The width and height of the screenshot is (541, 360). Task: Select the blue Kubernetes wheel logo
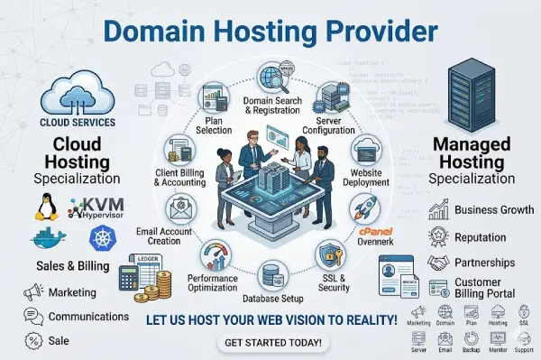point(103,240)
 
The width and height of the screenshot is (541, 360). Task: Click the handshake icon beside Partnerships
point(439,262)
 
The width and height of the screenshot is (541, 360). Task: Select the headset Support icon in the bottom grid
point(523,339)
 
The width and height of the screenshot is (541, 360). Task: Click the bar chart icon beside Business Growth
point(440,210)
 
